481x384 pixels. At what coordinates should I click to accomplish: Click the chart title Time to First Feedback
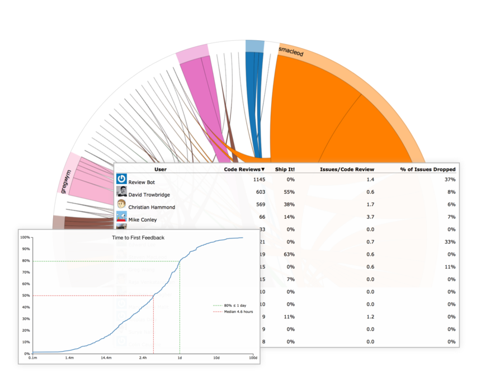(138, 238)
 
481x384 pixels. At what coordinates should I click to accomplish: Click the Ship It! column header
(285, 169)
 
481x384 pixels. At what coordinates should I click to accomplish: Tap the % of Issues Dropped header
(428, 169)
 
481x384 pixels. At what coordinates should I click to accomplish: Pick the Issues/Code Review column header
(347, 169)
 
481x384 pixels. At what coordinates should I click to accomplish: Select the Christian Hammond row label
(152, 207)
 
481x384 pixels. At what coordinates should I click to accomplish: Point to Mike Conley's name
(143, 220)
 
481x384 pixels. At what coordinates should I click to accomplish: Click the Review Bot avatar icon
(121, 179)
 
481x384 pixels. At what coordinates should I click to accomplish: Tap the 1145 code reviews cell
(258, 180)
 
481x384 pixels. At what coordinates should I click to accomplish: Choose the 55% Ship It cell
(289, 192)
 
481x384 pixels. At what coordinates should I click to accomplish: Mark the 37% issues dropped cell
(450, 180)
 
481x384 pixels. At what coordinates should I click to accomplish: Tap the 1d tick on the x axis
(180, 357)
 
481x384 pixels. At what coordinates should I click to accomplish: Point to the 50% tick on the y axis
(25, 296)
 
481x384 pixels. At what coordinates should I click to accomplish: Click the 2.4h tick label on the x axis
(143, 357)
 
